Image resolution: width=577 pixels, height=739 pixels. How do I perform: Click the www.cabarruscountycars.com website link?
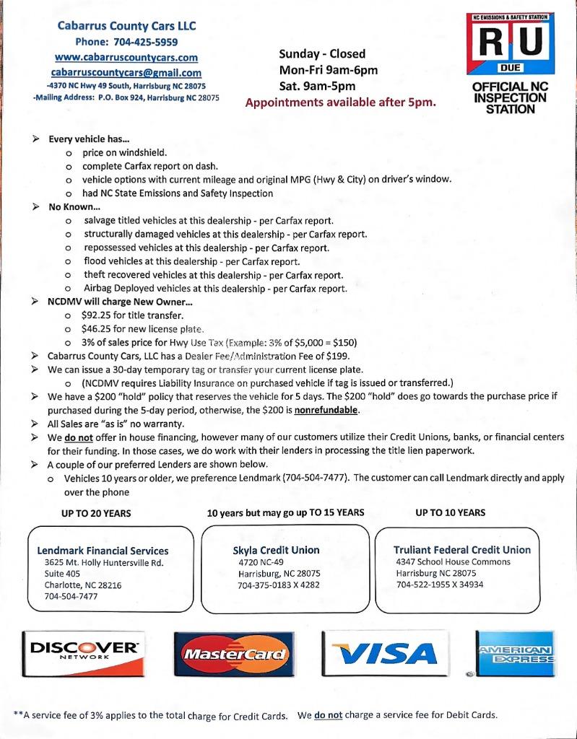pos(126,57)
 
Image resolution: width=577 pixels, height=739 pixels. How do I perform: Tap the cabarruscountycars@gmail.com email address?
pos(126,72)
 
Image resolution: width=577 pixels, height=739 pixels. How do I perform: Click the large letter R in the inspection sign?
pos(491,43)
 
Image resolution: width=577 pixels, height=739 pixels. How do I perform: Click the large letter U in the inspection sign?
pos(531,43)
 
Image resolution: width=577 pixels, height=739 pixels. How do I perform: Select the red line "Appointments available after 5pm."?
pos(340,102)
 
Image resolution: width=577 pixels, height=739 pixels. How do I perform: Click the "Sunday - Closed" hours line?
pos(322,53)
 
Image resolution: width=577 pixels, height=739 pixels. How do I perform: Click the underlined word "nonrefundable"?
pos(326,410)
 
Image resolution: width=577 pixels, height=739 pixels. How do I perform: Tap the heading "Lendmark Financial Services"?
pos(103,551)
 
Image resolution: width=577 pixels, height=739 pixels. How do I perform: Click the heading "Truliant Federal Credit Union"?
pos(462,549)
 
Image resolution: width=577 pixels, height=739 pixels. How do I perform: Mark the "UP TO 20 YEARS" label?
pos(96,514)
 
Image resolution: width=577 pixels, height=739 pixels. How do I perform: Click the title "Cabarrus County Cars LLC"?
pos(126,26)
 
